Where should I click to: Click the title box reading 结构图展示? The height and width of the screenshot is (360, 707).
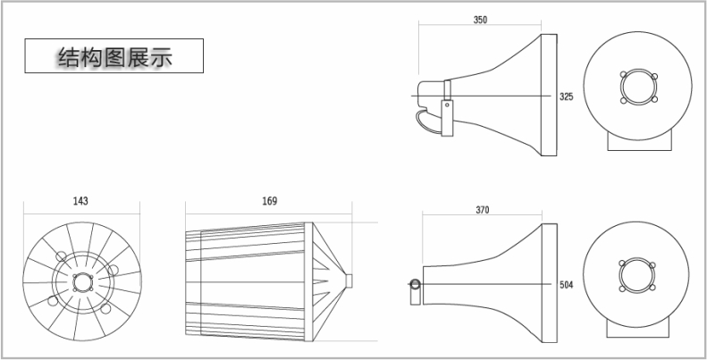click(114, 56)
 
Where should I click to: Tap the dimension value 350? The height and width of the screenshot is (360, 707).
click(480, 20)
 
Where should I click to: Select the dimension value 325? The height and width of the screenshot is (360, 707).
click(567, 96)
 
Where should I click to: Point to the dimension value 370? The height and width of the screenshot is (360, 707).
click(482, 210)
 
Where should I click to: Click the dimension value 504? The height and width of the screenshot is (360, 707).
click(567, 285)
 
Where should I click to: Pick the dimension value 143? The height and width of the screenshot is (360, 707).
click(80, 201)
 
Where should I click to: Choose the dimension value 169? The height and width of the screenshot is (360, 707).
click(270, 201)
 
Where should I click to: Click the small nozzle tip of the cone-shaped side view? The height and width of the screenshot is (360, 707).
click(349, 280)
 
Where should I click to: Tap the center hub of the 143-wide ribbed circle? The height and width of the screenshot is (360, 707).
click(82, 282)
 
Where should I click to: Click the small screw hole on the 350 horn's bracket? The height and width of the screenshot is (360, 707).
click(447, 105)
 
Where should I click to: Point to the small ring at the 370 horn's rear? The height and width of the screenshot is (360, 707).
click(415, 284)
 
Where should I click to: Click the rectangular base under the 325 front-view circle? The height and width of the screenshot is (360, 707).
click(639, 140)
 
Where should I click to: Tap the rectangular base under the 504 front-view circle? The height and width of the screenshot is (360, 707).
click(638, 328)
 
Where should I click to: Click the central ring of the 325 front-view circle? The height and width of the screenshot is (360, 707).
click(638, 87)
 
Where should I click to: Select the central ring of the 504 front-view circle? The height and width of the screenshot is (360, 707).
click(636, 275)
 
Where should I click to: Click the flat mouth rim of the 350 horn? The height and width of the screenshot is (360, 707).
click(549, 95)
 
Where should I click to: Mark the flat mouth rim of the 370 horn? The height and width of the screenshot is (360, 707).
click(549, 282)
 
